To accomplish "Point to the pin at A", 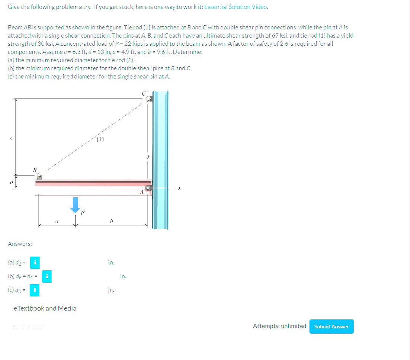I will click(x=148, y=189).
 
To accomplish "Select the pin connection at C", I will click(x=148, y=99).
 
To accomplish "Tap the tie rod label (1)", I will click(x=100, y=140).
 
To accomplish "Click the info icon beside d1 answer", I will click(x=35, y=263).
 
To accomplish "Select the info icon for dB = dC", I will click(x=47, y=276).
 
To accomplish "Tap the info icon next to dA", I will click(x=35, y=290).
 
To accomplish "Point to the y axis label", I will click(x=148, y=157).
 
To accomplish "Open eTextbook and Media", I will click(x=45, y=308).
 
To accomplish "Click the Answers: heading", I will click(x=20, y=244).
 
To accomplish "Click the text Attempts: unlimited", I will click(x=279, y=326).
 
